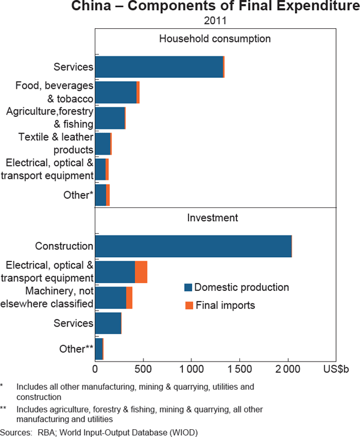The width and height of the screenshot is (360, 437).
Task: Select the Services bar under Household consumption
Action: tap(159, 67)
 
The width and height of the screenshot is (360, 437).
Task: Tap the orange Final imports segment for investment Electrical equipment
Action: tap(141, 272)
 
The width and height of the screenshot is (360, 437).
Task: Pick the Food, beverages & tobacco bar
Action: tap(116, 92)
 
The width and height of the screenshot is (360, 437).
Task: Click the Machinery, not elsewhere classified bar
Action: tap(111, 297)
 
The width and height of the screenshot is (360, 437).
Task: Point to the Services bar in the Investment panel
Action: tap(108, 323)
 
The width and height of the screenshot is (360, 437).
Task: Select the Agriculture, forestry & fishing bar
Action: tap(110, 118)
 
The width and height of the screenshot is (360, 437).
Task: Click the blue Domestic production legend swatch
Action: tap(188, 288)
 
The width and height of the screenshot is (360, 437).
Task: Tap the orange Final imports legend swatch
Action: tap(188, 306)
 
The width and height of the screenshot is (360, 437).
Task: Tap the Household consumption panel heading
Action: tap(215, 39)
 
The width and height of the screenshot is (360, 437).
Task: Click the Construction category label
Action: tap(64, 246)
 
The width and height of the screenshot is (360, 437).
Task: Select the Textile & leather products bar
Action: tap(103, 144)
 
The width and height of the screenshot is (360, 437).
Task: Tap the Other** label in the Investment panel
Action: tap(76, 349)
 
